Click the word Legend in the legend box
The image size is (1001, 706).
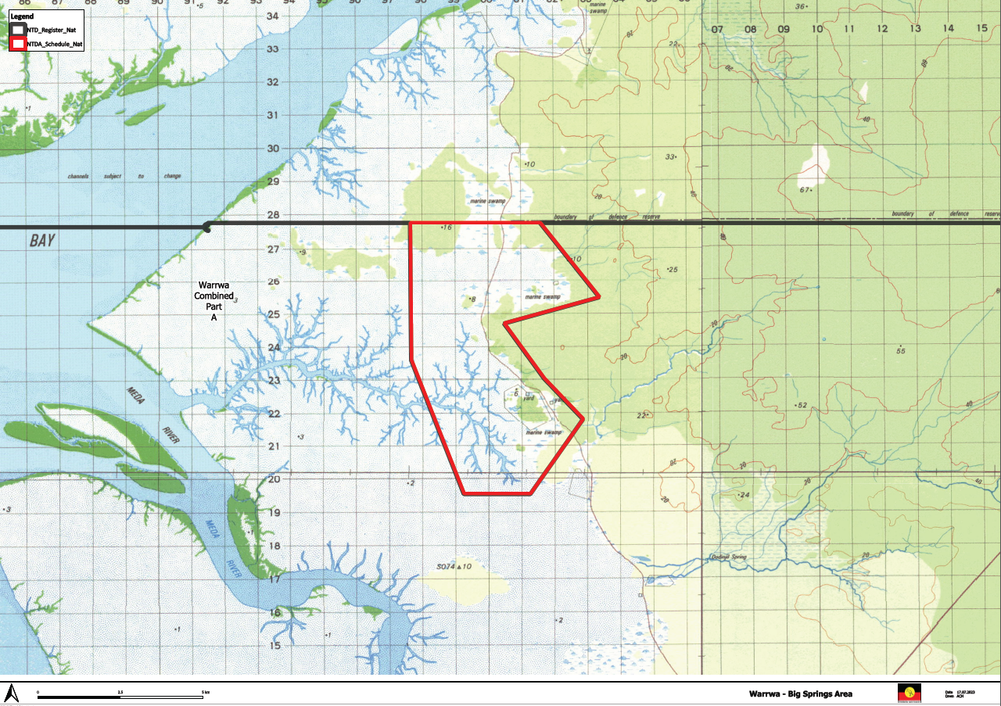(x=21, y=16)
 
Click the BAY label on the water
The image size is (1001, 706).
(x=42, y=241)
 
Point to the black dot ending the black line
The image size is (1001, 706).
(x=206, y=228)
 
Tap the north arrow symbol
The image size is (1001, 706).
(x=12, y=693)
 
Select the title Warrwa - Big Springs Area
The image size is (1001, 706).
(x=800, y=693)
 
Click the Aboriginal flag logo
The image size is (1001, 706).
(x=908, y=693)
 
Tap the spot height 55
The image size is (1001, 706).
(x=901, y=351)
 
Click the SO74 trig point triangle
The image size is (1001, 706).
(x=460, y=567)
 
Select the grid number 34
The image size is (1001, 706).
(x=273, y=16)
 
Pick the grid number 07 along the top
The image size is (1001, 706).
(x=717, y=29)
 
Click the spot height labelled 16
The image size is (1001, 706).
(x=447, y=228)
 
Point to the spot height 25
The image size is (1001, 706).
(x=672, y=271)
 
